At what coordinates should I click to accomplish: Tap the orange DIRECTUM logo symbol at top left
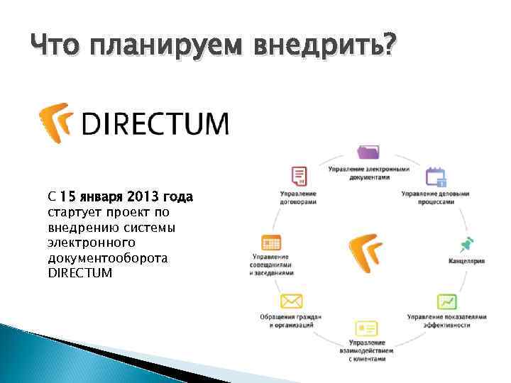tap(56, 123)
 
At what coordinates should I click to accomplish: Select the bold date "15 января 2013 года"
tap(126, 196)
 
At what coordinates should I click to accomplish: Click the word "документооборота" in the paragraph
tap(107, 257)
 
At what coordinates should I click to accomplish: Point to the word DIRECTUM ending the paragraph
tap(79, 272)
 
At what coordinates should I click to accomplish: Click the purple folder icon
tap(368, 152)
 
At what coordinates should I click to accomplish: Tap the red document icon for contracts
tap(299, 176)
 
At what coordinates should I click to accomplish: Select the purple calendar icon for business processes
tap(434, 176)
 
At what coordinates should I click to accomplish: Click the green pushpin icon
tap(466, 245)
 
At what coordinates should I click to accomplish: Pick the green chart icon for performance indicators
tap(446, 302)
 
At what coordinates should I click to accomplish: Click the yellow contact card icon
tap(366, 328)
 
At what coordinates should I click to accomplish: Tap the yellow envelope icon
tap(291, 301)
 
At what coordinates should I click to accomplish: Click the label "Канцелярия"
tap(466, 261)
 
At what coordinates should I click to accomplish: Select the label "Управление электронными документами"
tap(368, 173)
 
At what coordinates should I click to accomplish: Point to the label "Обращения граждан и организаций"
tap(291, 321)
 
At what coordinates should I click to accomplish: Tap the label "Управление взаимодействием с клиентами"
tap(366, 350)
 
